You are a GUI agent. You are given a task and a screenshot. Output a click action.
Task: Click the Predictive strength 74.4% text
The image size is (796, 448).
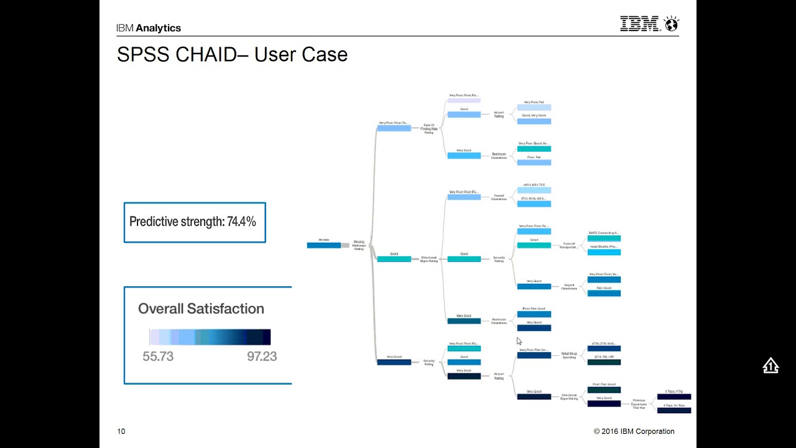click(x=193, y=222)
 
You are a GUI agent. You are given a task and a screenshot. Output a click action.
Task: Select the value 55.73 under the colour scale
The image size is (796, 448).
click(x=158, y=357)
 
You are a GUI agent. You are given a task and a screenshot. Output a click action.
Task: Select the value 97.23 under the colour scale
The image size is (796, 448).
click(x=261, y=357)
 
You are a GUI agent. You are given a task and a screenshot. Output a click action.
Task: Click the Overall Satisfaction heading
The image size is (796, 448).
click(x=201, y=309)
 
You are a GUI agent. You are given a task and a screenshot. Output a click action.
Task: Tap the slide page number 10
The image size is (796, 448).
click(x=121, y=431)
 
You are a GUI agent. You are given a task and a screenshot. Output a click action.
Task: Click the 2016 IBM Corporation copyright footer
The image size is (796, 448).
click(x=634, y=431)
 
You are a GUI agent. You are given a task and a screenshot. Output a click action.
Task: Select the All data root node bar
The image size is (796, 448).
click(x=324, y=245)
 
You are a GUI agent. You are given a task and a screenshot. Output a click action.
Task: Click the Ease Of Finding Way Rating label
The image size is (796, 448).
click(x=429, y=129)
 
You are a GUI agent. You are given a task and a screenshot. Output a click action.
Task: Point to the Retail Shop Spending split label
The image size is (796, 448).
click(x=569, y=355)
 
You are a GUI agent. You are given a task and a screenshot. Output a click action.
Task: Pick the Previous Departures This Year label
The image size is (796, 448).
click(x=639, y=404)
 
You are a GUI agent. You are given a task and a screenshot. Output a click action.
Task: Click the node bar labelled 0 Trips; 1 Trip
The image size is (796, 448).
click(x=674, y=396)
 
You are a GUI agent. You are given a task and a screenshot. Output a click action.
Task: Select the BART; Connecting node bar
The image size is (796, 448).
click(x=604, y=238)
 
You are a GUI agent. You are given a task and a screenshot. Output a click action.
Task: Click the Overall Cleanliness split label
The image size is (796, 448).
click(x=499, y=197)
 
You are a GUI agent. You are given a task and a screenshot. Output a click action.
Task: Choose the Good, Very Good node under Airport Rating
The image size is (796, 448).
click(x=534, y=121)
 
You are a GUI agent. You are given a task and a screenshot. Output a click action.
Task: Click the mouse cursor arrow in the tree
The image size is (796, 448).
click(x=519, y=341)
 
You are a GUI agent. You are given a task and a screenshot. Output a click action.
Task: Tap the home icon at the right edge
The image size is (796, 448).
click(x=771, y=366)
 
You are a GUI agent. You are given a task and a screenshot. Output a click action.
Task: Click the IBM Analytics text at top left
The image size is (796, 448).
click(x=149, y=28)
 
